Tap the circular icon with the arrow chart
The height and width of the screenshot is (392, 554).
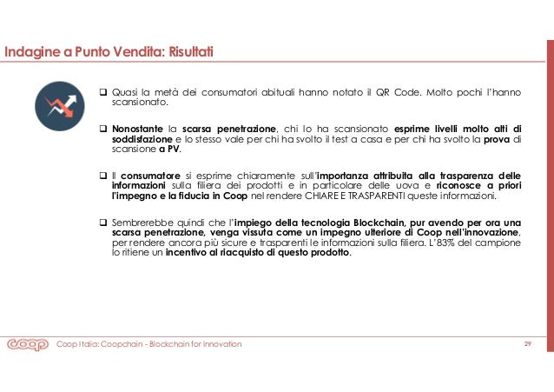point(59,106)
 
